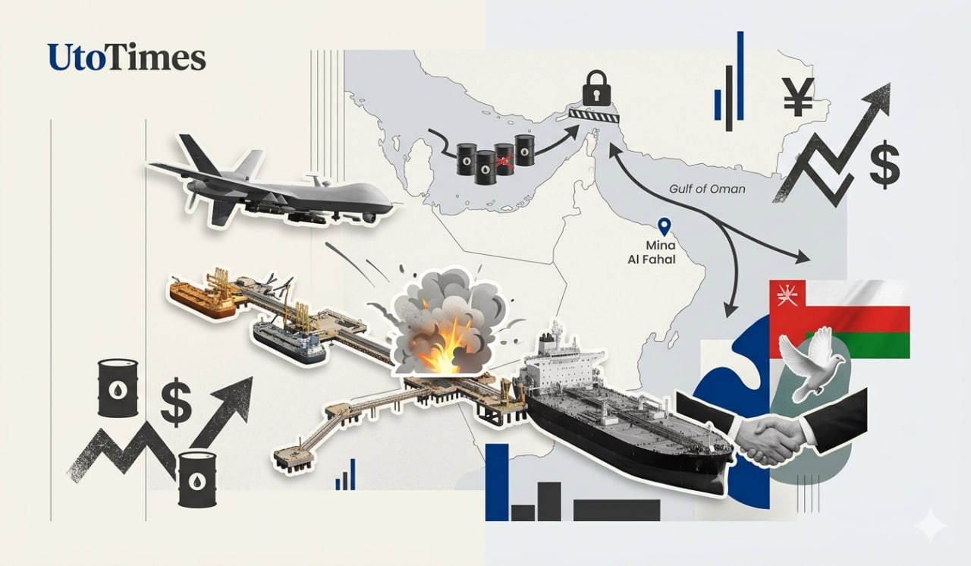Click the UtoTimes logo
click(127, 57)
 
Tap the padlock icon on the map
click(596, 88)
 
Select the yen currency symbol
click(798, 98)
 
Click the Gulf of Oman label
click(707, 189)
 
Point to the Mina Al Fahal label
click(652, 252)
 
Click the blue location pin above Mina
click(664, 226)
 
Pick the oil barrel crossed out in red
click(504, 159)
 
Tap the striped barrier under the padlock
click(594, 116)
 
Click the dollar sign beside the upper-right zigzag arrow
click(885, 167)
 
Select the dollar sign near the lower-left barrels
click(175, 401)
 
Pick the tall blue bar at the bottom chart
click(497, 482)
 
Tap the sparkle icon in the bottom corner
click(930, 525)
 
